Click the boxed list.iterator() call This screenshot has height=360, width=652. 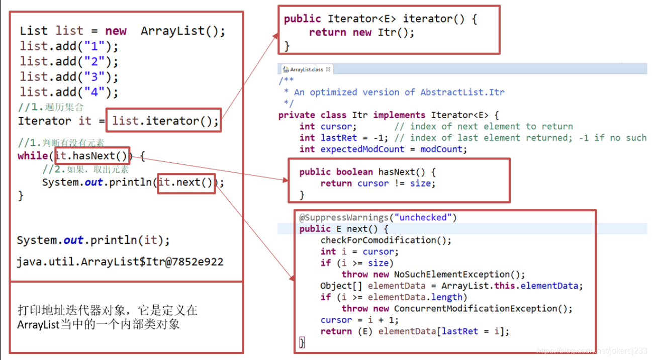pos(165,121)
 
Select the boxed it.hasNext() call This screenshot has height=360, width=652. pos(94,156)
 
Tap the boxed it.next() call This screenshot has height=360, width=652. pos(186,182)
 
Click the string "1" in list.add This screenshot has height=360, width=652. pos(95,47)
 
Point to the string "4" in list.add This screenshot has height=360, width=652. pos(95,92)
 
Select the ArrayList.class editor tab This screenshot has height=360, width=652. pos(306,69)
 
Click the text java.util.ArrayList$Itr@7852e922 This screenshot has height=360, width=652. pos(120,262)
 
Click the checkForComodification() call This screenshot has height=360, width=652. pos(386,240)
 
